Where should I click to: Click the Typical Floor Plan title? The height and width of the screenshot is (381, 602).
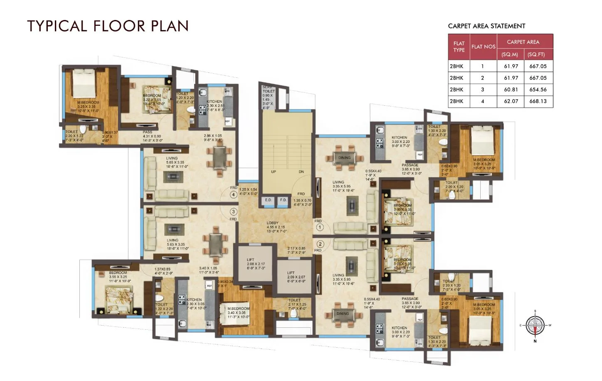point(108,26)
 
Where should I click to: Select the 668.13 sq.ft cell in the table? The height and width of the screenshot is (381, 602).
point(538,101)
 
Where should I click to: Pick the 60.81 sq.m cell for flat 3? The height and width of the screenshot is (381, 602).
point(511,90)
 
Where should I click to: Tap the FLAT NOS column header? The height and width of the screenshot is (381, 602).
point(483,47)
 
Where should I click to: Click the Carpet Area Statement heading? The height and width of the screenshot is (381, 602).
point(486,26)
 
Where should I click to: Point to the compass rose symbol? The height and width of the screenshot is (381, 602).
point(535,325)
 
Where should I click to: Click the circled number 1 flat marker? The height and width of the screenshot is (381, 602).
point(320,227)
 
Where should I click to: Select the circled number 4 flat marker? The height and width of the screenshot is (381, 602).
point(234,194)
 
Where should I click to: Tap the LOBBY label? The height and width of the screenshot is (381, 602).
point(273,223)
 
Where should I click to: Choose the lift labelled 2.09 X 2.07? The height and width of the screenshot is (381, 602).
point(296,277)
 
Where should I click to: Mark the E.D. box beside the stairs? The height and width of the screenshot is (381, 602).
point(268,200)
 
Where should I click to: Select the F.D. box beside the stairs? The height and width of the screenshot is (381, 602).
point(283,200)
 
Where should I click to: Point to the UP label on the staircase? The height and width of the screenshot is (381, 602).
point(274,172)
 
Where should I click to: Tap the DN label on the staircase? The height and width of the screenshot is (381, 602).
point(301,172)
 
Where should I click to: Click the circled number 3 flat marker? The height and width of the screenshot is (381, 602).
point(233,212)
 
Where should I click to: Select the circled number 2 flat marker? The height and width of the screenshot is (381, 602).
point(320,244)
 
